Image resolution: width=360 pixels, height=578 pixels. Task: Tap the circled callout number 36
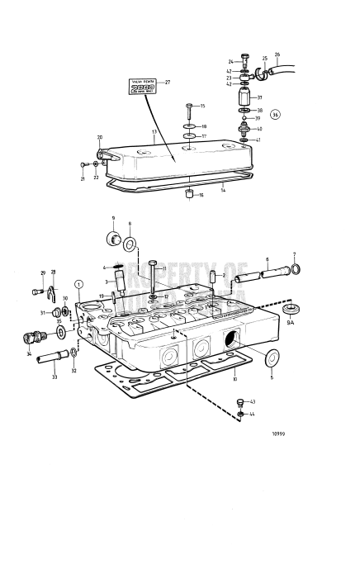pos(275,114)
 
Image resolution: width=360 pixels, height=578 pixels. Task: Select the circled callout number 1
pos(79,283)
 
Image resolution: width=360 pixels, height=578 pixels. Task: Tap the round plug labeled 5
pos(270,358)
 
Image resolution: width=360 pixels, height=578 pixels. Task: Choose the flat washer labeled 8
pos(130,244)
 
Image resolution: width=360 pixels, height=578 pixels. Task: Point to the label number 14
pos(222,189)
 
